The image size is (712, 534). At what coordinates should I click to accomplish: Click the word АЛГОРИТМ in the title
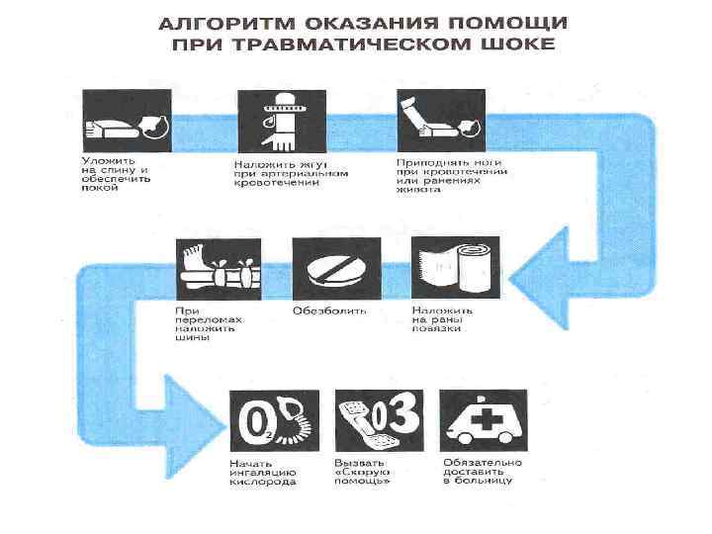point(220,23)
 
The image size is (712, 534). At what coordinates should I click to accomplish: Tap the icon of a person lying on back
point(125,121)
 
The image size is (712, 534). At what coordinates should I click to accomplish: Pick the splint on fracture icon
point(218,267)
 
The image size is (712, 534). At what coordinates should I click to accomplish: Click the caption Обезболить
point(329,311)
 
